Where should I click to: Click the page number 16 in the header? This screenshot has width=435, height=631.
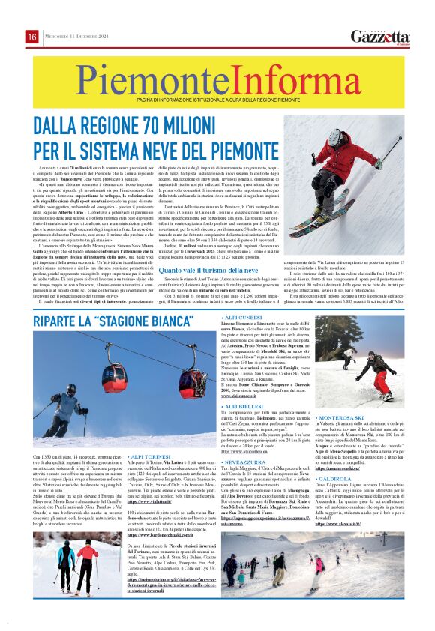point(31,37)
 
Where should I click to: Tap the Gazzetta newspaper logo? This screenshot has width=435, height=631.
point(380,37)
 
